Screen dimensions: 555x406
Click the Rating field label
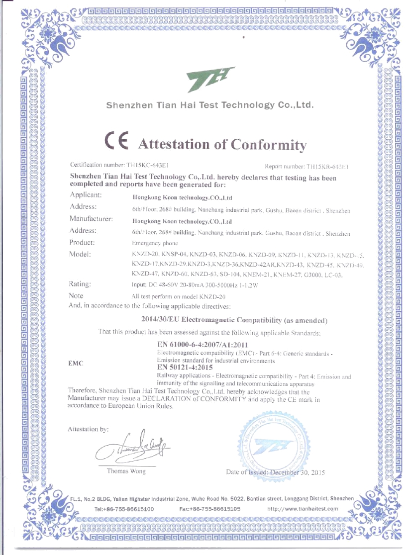point(80,284)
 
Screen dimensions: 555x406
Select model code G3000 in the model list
point(314,274)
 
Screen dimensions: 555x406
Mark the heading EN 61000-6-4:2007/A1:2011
point(200,345)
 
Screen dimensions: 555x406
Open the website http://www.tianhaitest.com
point(303,509)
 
